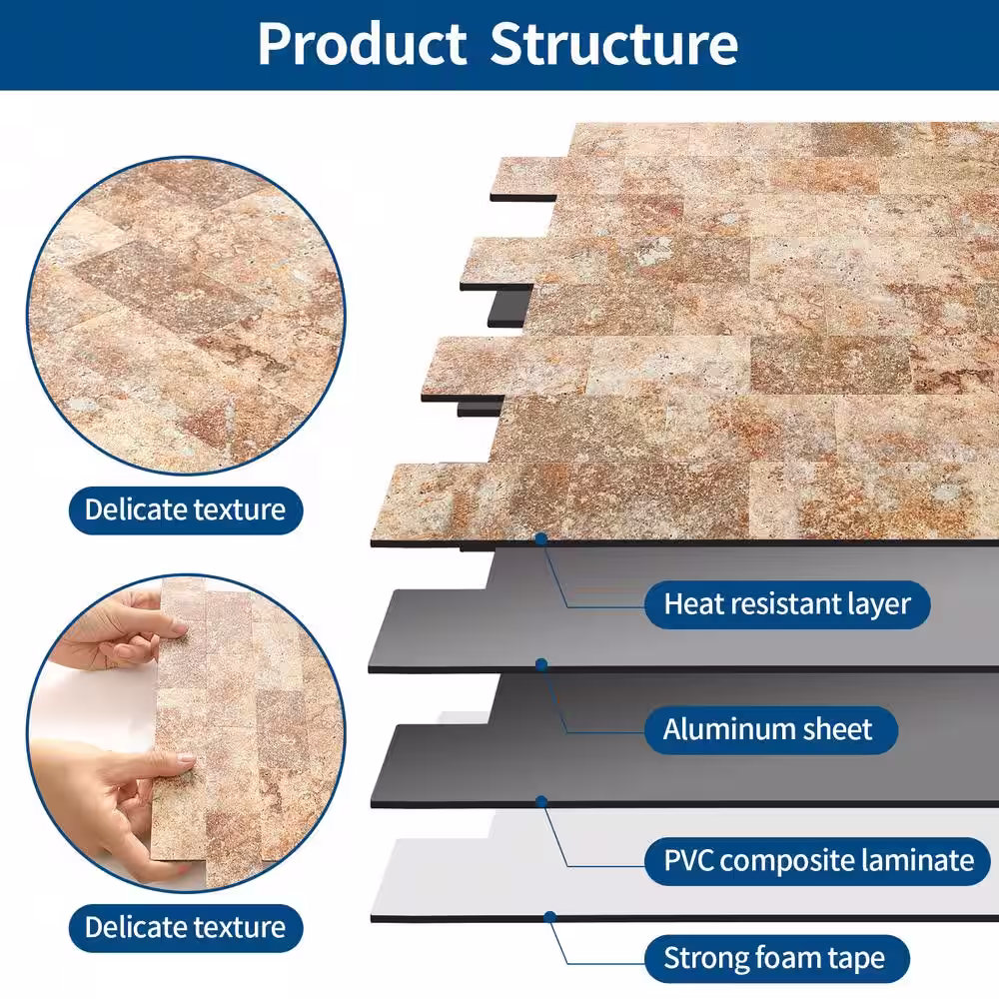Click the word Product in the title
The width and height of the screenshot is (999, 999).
[362, 44]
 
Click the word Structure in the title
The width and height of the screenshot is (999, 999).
[614, 44]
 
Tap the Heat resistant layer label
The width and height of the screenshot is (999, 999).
[787, 603]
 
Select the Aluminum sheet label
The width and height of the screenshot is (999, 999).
[767, 729]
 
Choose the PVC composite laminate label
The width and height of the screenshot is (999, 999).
[818, 859]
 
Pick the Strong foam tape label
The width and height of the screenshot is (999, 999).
[774, 959]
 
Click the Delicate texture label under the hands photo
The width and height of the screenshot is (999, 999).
[185, 926]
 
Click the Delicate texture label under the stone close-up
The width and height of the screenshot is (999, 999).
[185, 509]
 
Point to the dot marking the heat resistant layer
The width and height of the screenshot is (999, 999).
[540, 538]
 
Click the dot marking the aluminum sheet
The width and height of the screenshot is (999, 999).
[540, 663]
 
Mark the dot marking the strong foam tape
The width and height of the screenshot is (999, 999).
[548, 915]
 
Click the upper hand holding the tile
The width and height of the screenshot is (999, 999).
[120, 639]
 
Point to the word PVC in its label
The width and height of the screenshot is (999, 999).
[688, 859]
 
